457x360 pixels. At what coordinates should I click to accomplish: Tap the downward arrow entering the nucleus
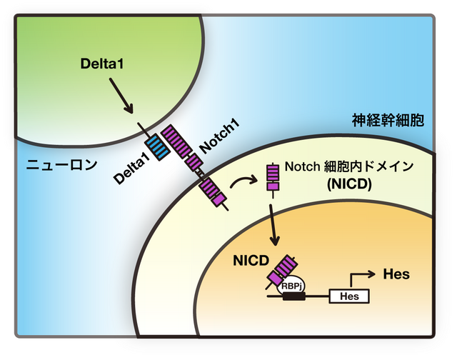(273, 223)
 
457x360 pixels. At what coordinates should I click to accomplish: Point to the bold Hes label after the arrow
(396, 274)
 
